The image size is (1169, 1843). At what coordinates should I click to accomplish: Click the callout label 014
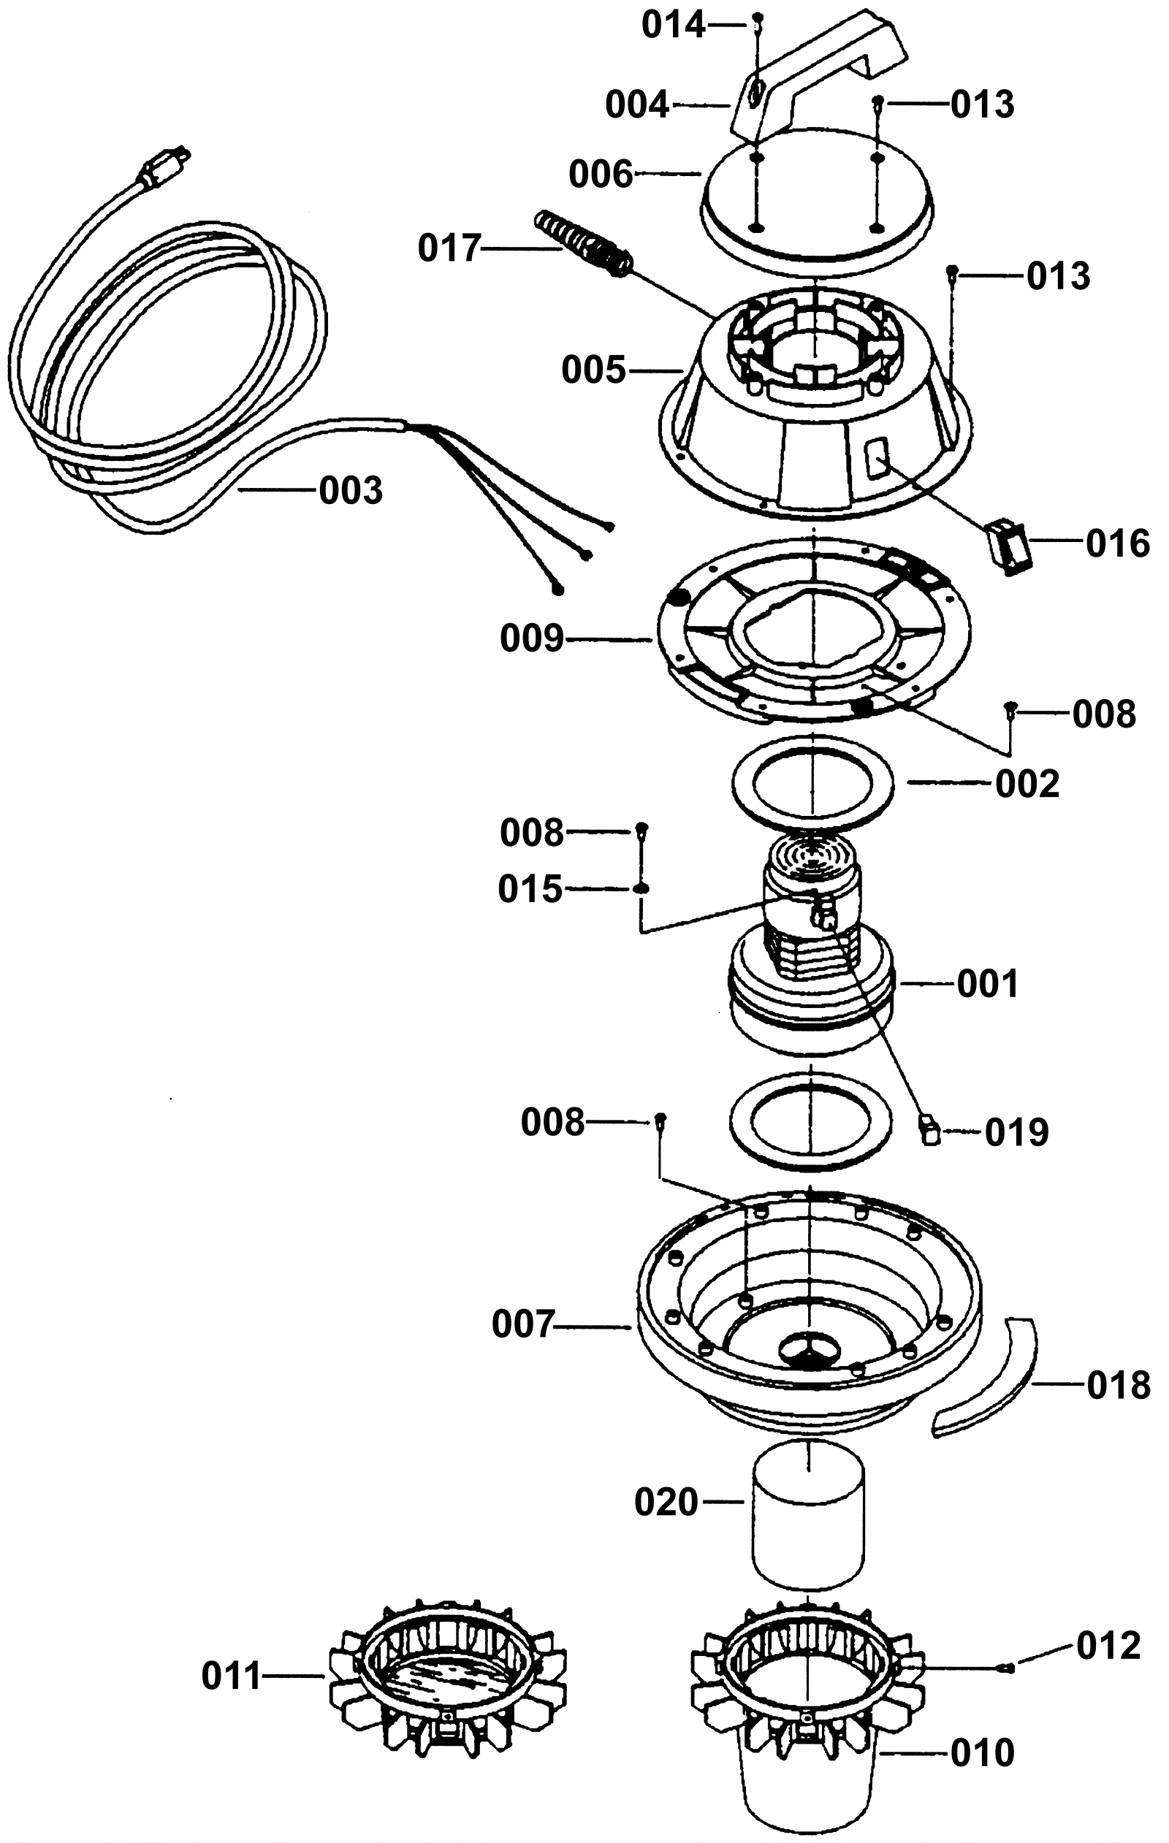click(673, 26)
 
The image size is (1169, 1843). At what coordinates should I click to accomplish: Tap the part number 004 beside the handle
click(637, 105)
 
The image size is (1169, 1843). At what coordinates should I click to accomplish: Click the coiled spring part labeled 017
click(581, 243)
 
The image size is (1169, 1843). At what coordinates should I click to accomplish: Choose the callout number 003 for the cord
click(351, 491)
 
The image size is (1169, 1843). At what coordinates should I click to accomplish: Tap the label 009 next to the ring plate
click(532, 638)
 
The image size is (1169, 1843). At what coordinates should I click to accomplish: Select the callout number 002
click(1027, 785)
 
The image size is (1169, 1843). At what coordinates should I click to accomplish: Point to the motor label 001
click(988, 983)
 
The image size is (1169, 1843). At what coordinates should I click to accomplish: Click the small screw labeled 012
click(1008, 1667)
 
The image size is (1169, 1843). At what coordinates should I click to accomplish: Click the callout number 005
click(593, 370)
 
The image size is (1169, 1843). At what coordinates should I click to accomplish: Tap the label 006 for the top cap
click(601, 175)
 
